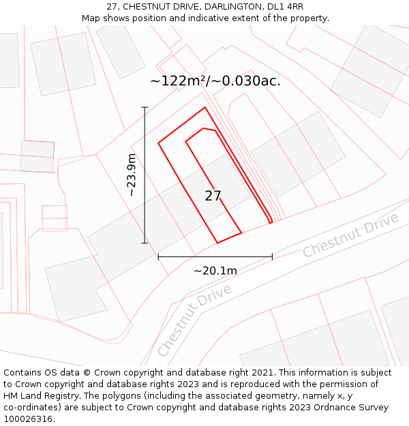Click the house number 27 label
(x=213, y=196)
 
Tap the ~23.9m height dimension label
(x=132, y=175)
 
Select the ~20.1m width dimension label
(x=215, y=271)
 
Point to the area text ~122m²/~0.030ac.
(x=215, y=81)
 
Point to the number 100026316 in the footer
(x=29, y=419)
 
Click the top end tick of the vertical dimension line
(x=145, y=107)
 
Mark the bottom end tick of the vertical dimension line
(x=145, y=243)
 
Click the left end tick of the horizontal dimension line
(x=158, y=257)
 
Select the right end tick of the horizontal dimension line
(x=272, y=257)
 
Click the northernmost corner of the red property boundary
(x=204, y=108)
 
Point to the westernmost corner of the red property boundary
(x=159, y=143)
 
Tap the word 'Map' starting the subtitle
(x=91, y=18)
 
